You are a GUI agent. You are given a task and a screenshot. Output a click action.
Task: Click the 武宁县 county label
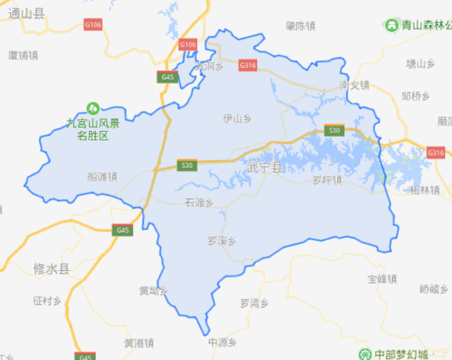pyautogui.click(x=265, y=168)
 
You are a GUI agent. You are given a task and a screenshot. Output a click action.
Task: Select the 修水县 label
pyautogui.click(x=51, y=269)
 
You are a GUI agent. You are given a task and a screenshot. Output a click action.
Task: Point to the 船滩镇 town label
pyautogui.click(x=102, y=177)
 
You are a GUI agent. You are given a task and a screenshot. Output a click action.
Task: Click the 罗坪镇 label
pyautogui.click(x=327, y=180)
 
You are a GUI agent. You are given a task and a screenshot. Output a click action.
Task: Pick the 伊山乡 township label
pyautogui.click(x=237, y=118)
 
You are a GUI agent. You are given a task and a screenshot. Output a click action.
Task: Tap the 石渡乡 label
pyautogui.click(x=199, y=203)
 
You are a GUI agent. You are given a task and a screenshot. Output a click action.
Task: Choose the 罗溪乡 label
pyautogui.click(x=221, y=241)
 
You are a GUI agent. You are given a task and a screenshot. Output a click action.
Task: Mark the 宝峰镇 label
pyautogui.click(x=382, y=279)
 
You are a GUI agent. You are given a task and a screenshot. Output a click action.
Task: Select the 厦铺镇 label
pyautogui.click(x=23, y=55)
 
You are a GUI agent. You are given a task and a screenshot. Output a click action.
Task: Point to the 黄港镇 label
pyautogui.click(x=138, y=343)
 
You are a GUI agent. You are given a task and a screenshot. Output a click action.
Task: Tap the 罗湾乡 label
pyautogui.click(x=254, y=304)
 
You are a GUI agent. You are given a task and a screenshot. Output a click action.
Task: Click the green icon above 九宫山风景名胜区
pyautogui.click(x=92, y=108)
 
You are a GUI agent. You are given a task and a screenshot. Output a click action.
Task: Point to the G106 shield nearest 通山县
pyautogui.click(x=93, y=25)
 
